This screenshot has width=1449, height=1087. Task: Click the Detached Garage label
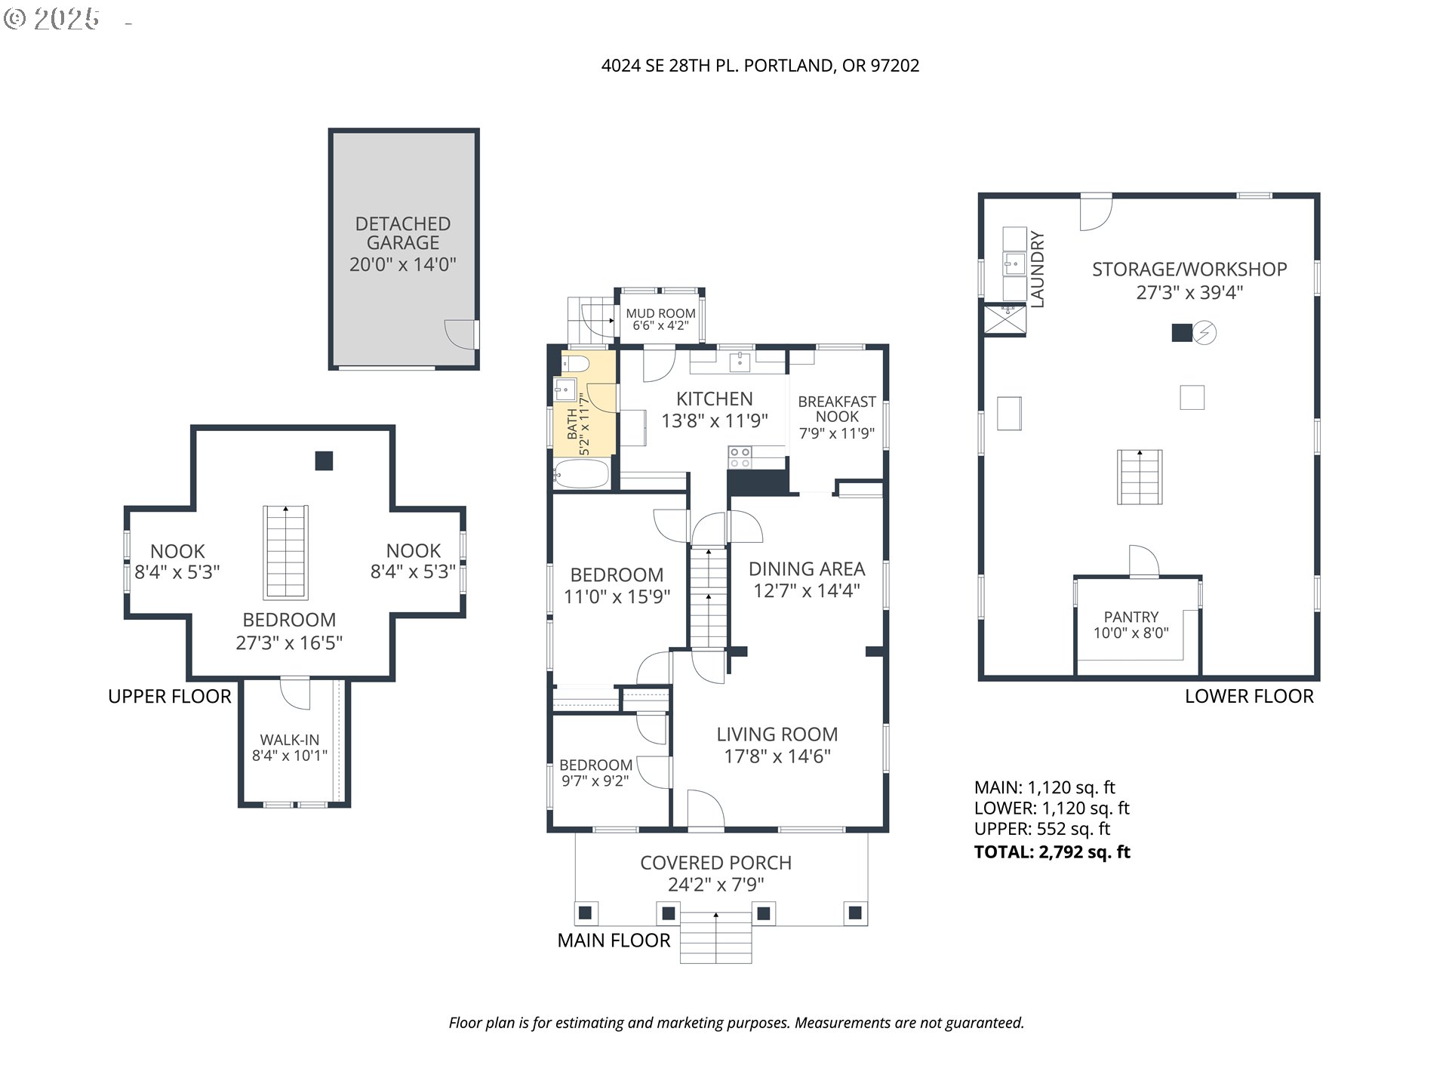[x=403, y=233]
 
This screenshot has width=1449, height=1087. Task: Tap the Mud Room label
[x=660, y=313]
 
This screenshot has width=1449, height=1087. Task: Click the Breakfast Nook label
[x=837, y=409]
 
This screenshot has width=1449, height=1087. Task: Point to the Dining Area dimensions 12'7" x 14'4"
[x=807, y=590]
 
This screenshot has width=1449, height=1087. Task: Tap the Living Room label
[x=777, y=734]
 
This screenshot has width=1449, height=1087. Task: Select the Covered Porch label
[x=716, y=863]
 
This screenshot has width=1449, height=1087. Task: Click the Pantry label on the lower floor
[x=1131, y=617]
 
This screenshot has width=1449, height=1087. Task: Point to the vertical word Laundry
[x=1038, y=269]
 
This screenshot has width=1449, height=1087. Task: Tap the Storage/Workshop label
[x=1189, y=269]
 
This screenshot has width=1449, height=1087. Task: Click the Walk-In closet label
[x=290, y=740]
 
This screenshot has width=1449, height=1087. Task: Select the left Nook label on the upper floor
[x=177, y=551]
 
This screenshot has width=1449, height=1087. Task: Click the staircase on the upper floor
[x=286, y=552]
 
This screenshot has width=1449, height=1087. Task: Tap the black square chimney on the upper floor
[x=324, y=460]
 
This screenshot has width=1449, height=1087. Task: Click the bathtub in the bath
[x=581, y=473]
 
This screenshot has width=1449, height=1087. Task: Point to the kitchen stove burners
[x=740, y=457]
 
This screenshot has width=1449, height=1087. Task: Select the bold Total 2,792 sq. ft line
[x=1052, y=852]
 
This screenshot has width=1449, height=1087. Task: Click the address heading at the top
[x=760, y=66]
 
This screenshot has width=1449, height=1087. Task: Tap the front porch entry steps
[x=716, y=937]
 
